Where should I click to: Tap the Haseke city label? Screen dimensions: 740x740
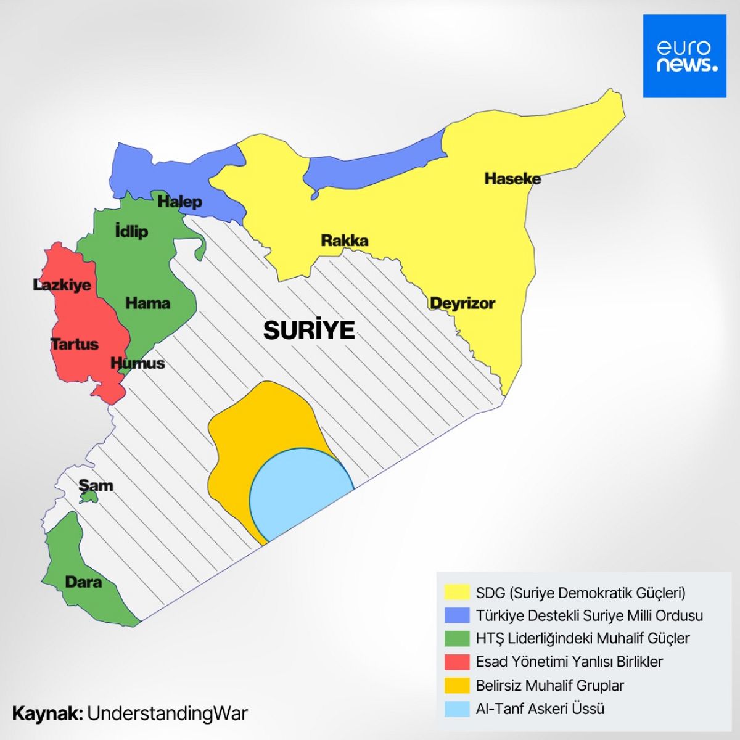coord(512,179)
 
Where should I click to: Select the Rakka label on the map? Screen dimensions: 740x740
coord(344,240)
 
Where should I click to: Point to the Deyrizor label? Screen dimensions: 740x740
coord(462,303)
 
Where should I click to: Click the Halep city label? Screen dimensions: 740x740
coord(179,202)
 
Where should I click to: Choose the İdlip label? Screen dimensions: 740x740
coord(131,231)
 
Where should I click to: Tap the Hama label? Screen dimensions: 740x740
coord(147,303)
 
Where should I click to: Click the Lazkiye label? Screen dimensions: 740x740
coord(62,285)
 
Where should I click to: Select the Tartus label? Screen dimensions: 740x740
coord(74,344)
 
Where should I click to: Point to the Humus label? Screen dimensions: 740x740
coord(138,363)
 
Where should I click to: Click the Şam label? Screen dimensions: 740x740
coord(96,485)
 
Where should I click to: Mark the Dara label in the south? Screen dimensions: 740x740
coord(83,582)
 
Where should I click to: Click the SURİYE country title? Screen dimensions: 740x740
coord(309,331)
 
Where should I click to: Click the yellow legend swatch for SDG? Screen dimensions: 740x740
coord(457,593)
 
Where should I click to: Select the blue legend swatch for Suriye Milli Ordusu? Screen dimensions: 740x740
coord(457,615)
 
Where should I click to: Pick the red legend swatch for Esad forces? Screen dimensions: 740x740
coord(457,662)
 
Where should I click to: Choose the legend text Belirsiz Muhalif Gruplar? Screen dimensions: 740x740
coord(549,685)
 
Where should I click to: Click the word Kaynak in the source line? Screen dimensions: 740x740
coord(47,713)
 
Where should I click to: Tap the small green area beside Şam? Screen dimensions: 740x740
coord(89,496)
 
